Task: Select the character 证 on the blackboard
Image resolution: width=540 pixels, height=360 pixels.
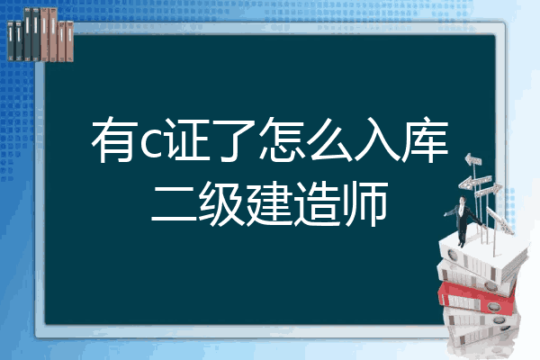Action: (186, 139)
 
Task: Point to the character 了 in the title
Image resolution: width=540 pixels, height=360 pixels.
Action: (232, 139)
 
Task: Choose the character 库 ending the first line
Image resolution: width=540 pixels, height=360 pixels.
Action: (426, 139)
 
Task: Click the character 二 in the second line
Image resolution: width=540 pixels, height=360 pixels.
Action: (175, 204)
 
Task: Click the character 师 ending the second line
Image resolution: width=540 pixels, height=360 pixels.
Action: (365, 204)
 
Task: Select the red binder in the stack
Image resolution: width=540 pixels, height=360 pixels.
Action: (477, 297)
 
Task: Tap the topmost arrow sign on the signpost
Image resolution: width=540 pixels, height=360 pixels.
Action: (473, 160)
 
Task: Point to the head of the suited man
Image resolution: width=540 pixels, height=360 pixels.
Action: (462, 200)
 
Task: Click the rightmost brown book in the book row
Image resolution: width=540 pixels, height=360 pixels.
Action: (70, 41)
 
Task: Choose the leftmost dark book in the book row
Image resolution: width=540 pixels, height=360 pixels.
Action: (11, 40)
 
